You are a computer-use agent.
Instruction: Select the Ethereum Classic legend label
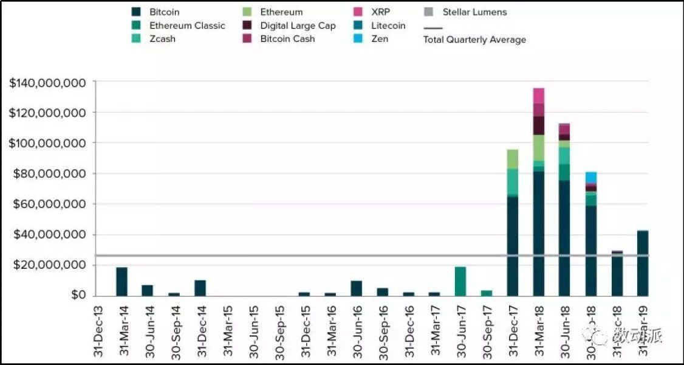(187, 26)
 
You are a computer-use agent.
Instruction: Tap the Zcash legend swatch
(137, 39)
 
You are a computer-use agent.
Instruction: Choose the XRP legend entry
(381, 12)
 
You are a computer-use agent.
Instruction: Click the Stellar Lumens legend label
(474, 12)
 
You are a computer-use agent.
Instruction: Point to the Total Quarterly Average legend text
(474, 40)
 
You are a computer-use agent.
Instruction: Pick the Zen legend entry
(380, 39)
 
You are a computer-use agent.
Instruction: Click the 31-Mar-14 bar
(121, 282)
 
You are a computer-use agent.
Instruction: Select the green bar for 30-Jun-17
(460, 281)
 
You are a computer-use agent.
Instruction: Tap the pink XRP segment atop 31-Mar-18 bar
(538, 96)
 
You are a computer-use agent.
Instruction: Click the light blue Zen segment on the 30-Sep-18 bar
(591, 177)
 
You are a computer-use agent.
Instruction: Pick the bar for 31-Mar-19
(643, 263)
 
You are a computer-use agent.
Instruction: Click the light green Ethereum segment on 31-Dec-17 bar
(513, 159)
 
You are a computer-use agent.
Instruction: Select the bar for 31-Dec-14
(200, 288)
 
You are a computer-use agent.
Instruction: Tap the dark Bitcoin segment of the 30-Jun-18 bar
(564, 237)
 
